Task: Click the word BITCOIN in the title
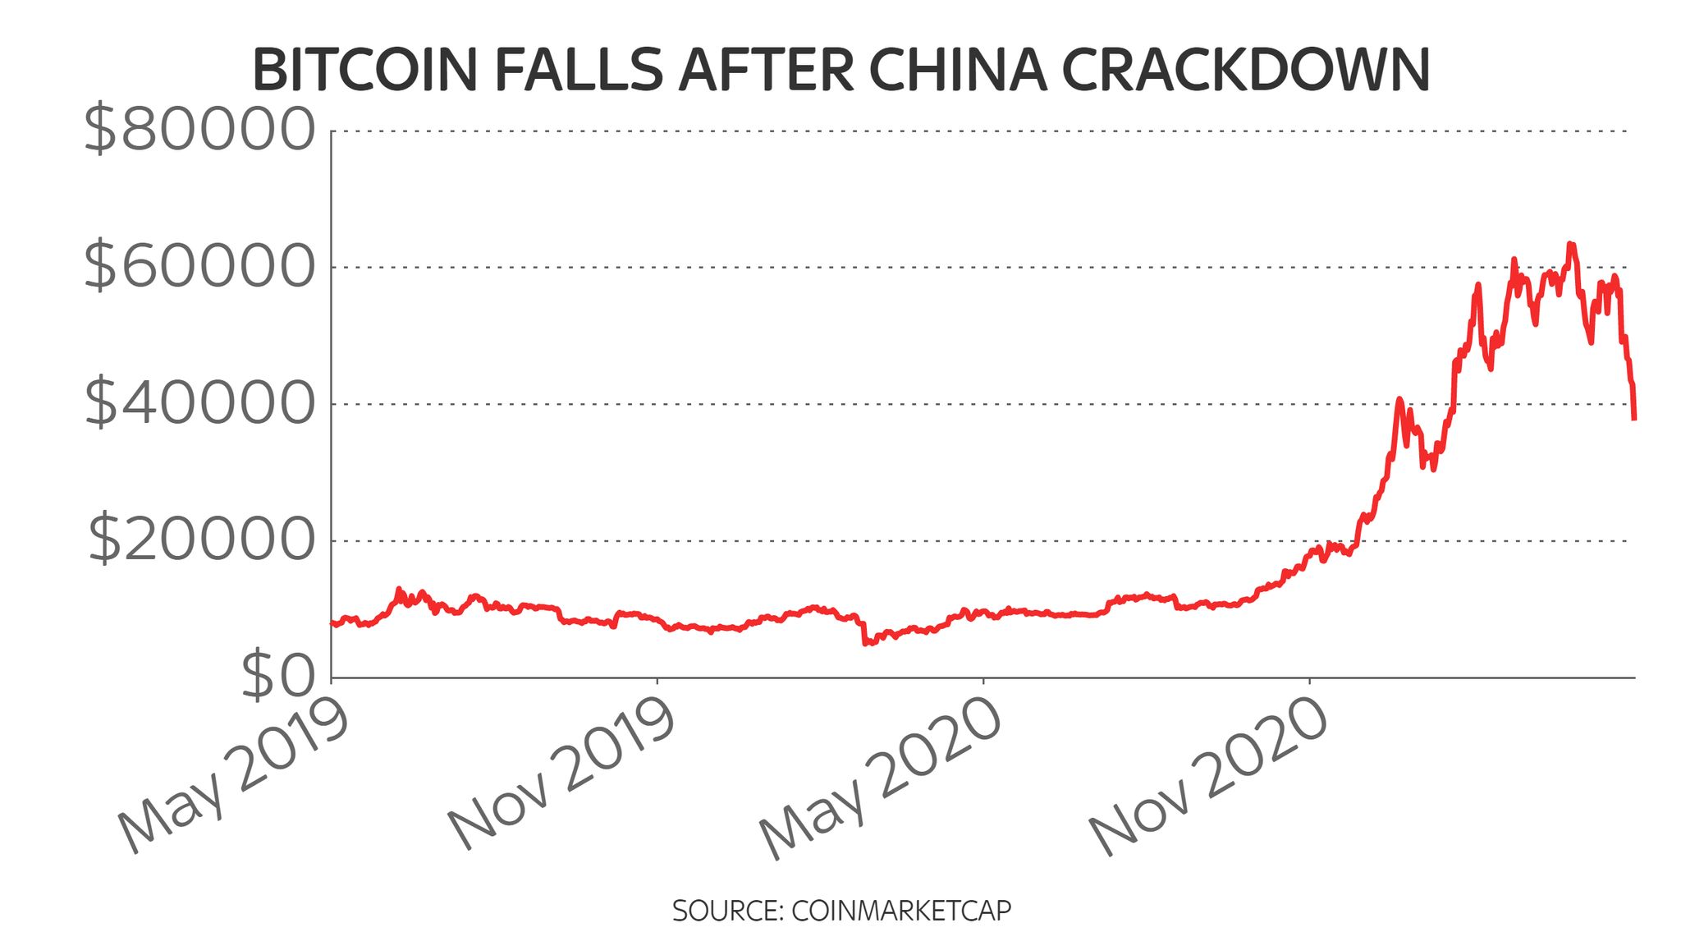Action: click(364, 71)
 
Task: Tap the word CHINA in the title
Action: click(957, 71)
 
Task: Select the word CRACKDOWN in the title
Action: click(1246, 71)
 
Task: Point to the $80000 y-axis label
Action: click(199, 131)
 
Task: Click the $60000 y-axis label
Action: click(199, 267)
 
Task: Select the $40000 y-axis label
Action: click(199, 403)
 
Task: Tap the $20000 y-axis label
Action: click(201, 540)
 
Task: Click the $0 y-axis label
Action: click(278, 676)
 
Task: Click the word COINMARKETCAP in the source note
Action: click(901, 911)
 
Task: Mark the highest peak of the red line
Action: click(1569, 244)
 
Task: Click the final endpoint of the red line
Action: click(1634, 419)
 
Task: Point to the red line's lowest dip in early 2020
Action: click(865, 644)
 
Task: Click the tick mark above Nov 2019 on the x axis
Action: click(657, 681)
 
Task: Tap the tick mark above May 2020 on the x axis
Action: click(983, 681)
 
